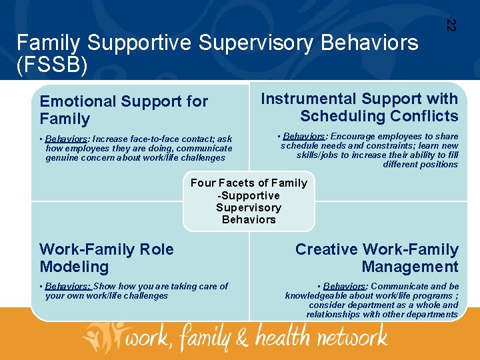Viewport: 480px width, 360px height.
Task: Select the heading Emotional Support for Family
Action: [x=123, y=110]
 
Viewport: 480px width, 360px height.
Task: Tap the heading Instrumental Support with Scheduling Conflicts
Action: [x=359, y=107]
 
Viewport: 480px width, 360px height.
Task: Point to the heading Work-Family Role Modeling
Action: [x=106, y=258]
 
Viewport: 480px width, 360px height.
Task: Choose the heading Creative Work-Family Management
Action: [x=377, y=258]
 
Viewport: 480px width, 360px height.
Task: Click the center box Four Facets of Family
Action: [x=249, y=201]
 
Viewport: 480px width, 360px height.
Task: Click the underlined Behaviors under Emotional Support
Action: [x=70, y=139]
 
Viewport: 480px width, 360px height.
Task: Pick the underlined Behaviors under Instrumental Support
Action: [x=304, y=137]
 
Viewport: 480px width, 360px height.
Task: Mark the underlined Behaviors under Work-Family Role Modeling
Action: [x=70, y=286]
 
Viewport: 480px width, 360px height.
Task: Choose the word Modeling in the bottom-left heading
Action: [x=74, y=267]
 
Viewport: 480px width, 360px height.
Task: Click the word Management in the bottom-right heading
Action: [x=410, y=267]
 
